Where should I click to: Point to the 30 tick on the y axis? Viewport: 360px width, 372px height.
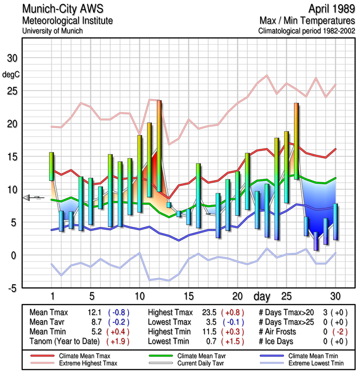click(10, 59)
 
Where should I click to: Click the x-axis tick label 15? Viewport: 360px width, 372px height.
click(188, 296)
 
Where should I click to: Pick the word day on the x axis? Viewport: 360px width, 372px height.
click(261, 296)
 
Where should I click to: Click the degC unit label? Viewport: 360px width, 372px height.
click(10, 74)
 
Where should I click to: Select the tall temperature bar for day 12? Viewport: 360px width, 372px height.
click(159, 146)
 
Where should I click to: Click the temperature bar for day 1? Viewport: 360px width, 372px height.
click(52, 166)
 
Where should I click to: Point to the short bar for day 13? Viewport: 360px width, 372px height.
click(169, 205)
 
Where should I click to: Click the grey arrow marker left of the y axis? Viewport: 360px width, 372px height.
click(28, 198)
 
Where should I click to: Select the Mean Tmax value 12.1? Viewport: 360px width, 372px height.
click(93, 312)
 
